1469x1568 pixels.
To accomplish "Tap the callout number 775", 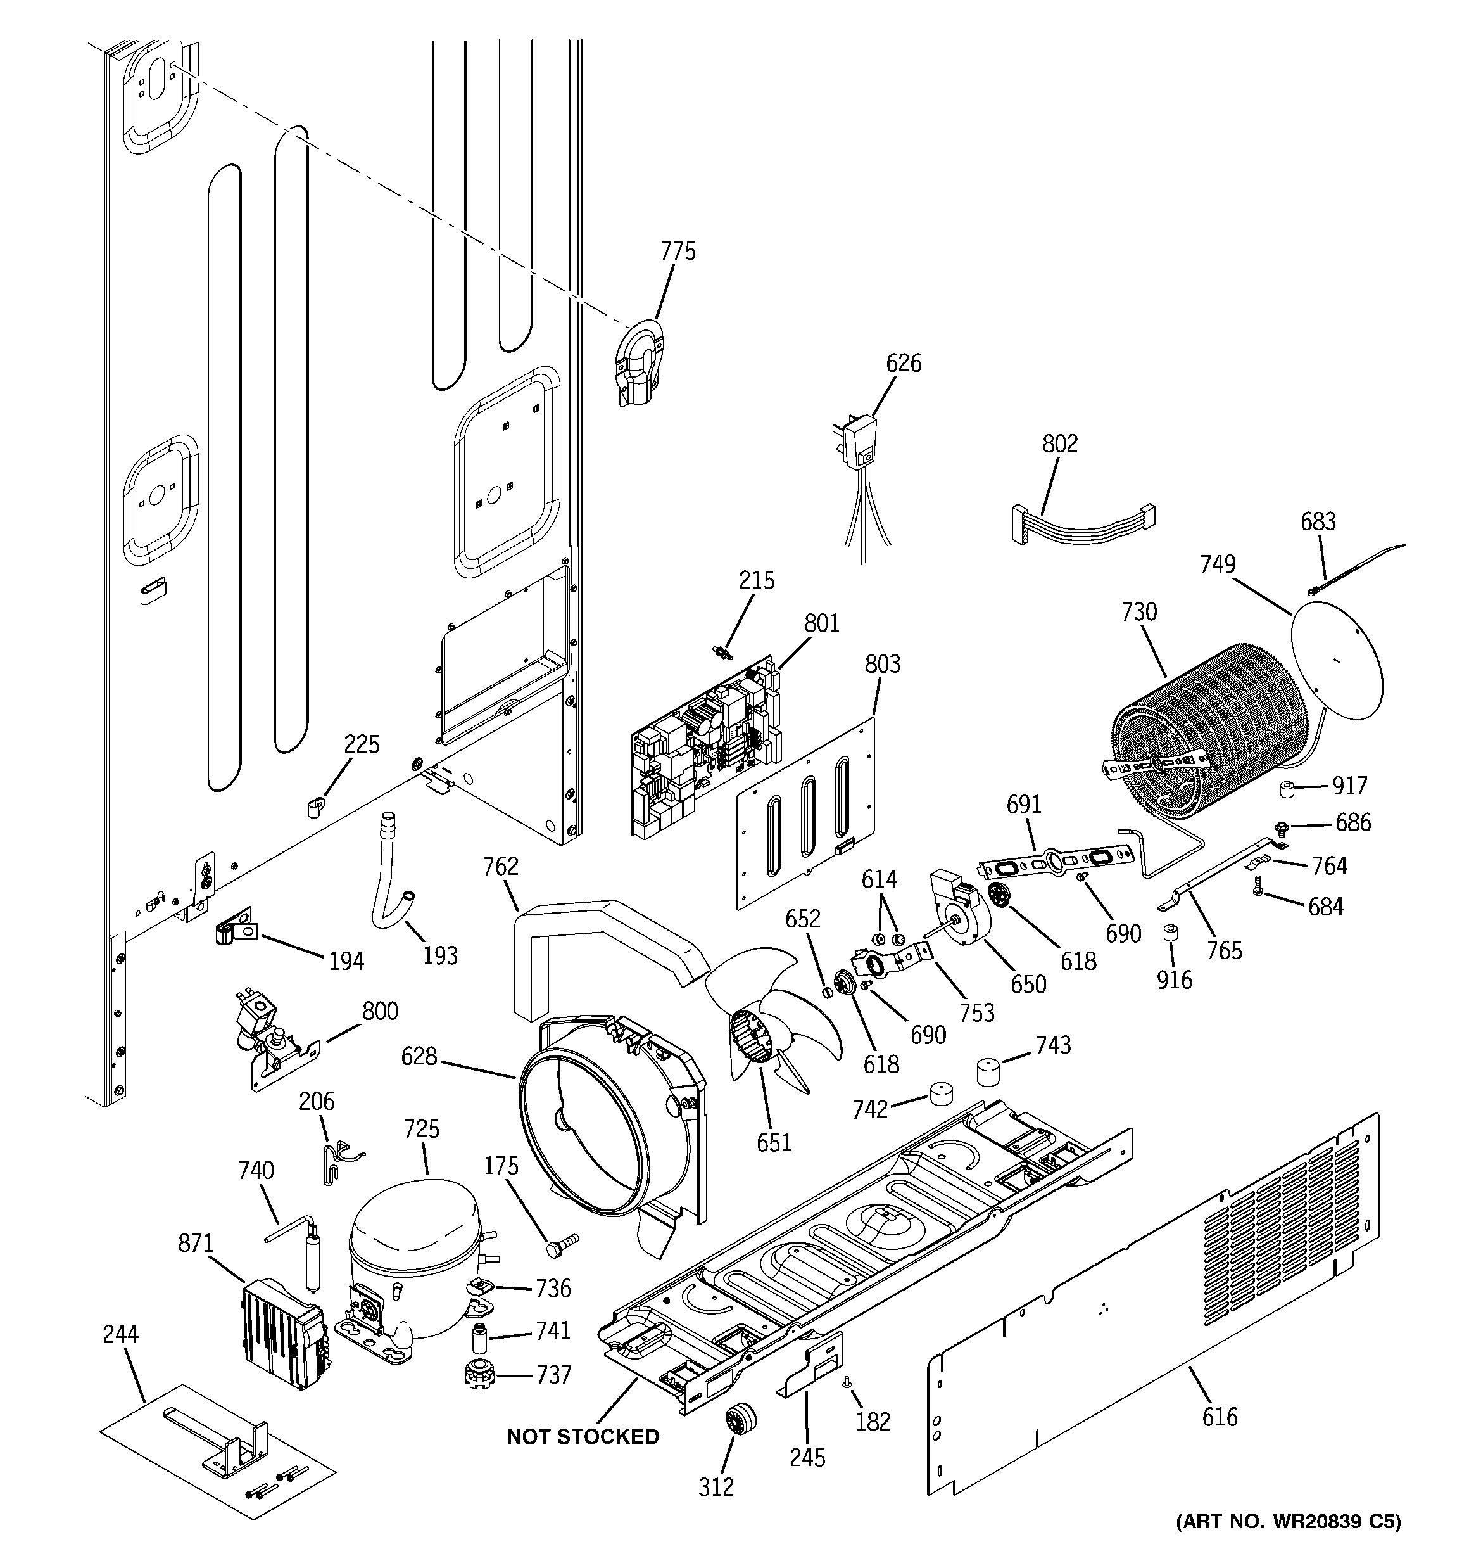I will [x=678, y=252].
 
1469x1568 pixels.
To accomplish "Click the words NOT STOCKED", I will [x=583, y=1436].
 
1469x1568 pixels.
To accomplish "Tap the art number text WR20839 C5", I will [x=1288, y=1543].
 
